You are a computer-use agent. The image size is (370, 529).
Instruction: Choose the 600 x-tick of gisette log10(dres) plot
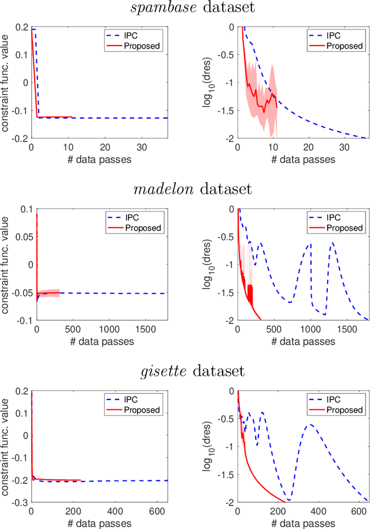click(x=356, y=512)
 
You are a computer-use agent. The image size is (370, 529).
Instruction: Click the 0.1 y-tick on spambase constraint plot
click(x=24, y=54)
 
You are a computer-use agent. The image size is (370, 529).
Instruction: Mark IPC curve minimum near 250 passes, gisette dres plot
click(x=288, y=500)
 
